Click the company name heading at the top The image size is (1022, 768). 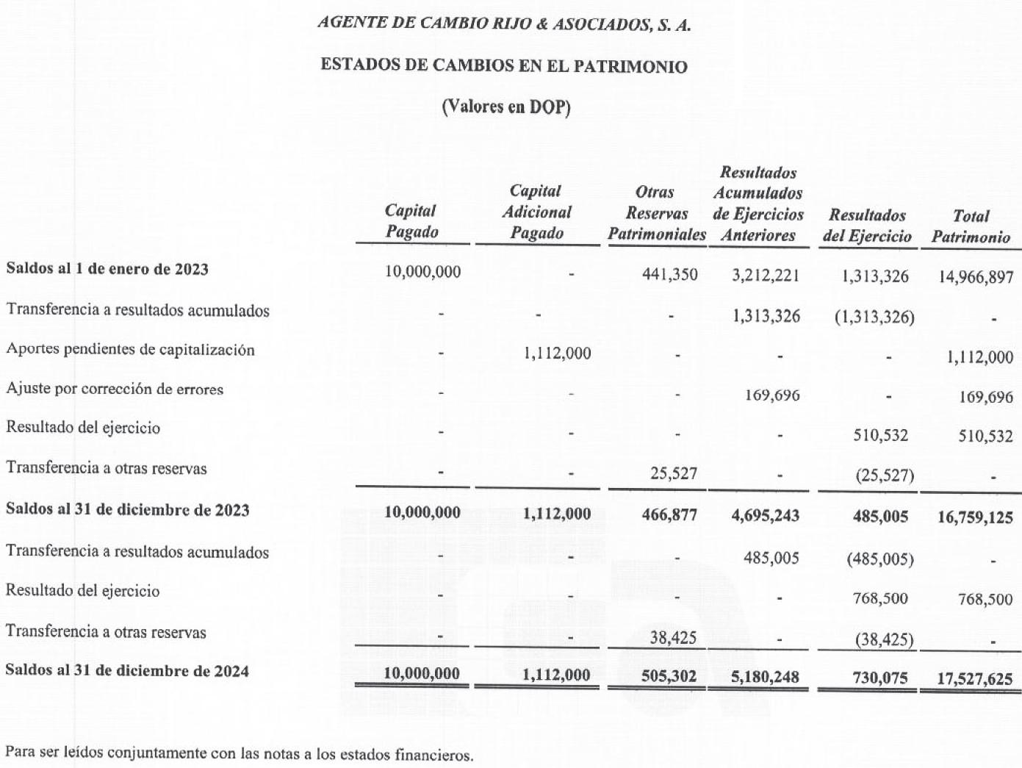(504, 24)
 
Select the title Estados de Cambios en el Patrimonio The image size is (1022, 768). (504, 66)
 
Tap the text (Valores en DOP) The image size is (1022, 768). (505, 107)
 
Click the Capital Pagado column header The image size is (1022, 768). (411, 221)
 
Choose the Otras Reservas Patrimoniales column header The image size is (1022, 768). (656, 213)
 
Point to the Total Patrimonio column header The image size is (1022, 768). (971, 226)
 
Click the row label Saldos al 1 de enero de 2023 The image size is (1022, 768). (107, 269)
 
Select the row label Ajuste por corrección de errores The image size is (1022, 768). (115, 389)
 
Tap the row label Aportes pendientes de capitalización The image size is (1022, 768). (130, 349)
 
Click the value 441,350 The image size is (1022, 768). (669, 275)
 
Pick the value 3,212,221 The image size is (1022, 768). (766, 276)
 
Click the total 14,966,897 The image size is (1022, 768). (976, 277)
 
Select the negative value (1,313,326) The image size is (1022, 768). (874, 317)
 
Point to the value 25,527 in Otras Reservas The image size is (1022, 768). (673, 473)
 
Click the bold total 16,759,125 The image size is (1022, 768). (975, 517)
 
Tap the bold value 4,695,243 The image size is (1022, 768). (765, 515)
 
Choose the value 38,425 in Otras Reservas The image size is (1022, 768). (672, 637)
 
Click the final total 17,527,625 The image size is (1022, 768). (975, 678)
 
